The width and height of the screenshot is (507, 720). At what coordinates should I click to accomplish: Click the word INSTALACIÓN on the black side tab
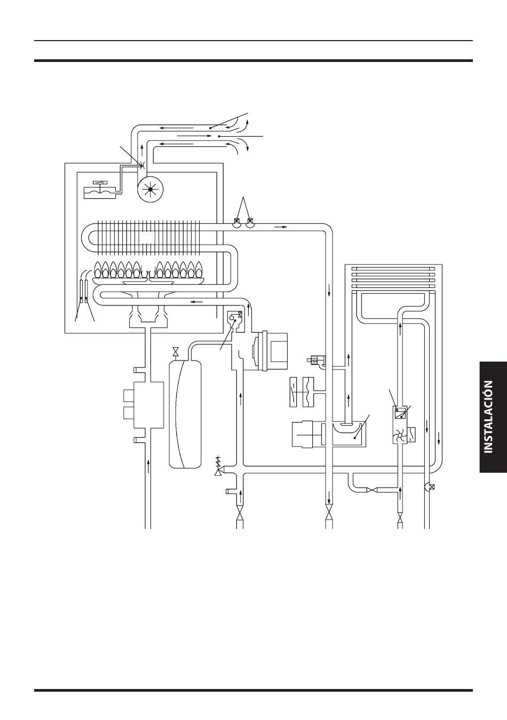[488, 417]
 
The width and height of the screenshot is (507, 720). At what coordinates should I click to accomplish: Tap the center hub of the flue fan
[150, 189]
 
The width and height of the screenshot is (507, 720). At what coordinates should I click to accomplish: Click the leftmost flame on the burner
[97, 269]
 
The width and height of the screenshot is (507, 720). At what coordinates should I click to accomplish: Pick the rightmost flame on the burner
[199, 269]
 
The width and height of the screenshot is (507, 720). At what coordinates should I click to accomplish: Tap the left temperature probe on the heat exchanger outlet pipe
[237, 223]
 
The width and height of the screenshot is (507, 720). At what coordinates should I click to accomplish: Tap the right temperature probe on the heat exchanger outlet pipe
[249, 223]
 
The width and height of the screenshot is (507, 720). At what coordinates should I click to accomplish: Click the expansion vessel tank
[185, 414]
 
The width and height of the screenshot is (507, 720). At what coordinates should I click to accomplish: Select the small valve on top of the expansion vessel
[176, 351]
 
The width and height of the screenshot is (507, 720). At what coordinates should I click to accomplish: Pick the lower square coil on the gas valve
[129, 413]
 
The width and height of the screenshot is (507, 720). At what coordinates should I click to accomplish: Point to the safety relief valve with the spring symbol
[218, 466]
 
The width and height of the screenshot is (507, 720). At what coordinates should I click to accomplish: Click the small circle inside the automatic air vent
[232, 318]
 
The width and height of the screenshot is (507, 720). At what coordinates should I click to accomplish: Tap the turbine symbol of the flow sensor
[400, 436]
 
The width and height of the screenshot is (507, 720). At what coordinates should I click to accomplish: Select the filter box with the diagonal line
[400, 413]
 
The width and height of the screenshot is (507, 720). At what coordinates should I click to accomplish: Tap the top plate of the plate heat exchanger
[393, 269]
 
